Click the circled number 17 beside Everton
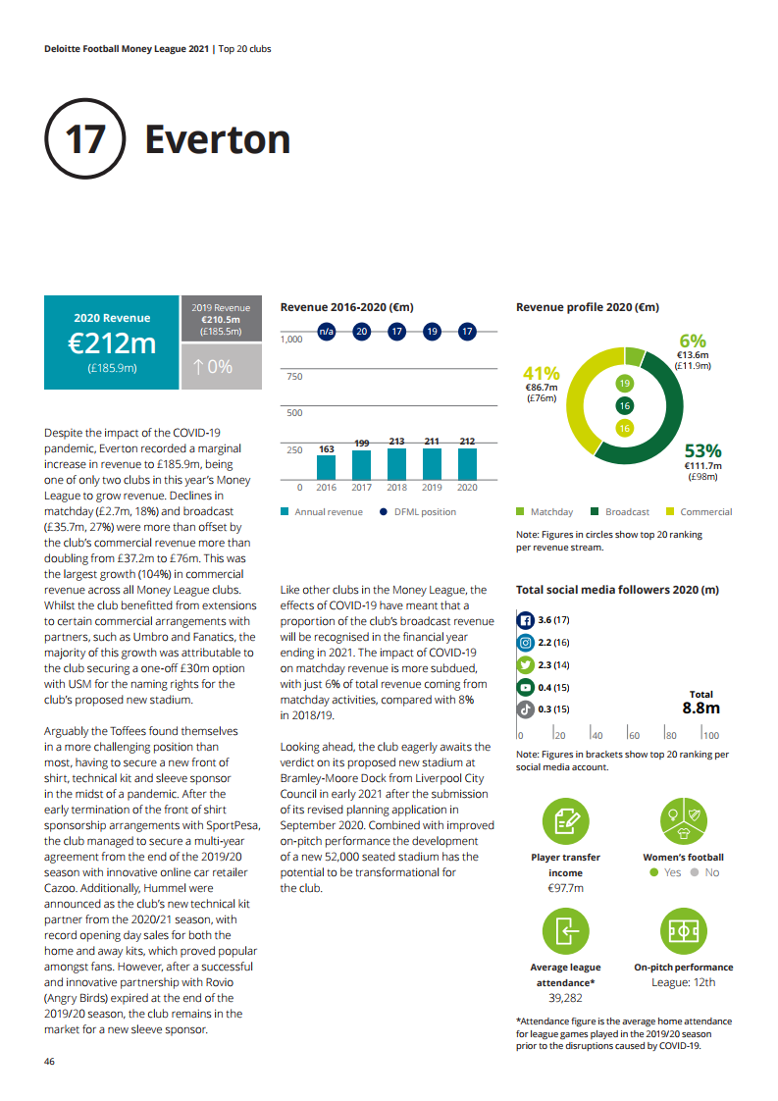(x=84, y=139)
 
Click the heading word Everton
(x=217, y=139)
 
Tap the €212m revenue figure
(x=112, y=343)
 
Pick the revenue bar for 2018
(x=396, y=462)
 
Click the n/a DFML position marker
(x=326, y=332)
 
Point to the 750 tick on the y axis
(x=292, y=377)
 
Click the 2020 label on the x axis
(x=467, y=487)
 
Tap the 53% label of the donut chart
(x=702, y=450)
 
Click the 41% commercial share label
(x=541, y=374)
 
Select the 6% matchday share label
(x=693, y=341)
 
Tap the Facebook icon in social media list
(x=525, y=620)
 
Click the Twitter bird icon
(x=525, y=664)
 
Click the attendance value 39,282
(x=565, y=997)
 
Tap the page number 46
(x=50, y=1062)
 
